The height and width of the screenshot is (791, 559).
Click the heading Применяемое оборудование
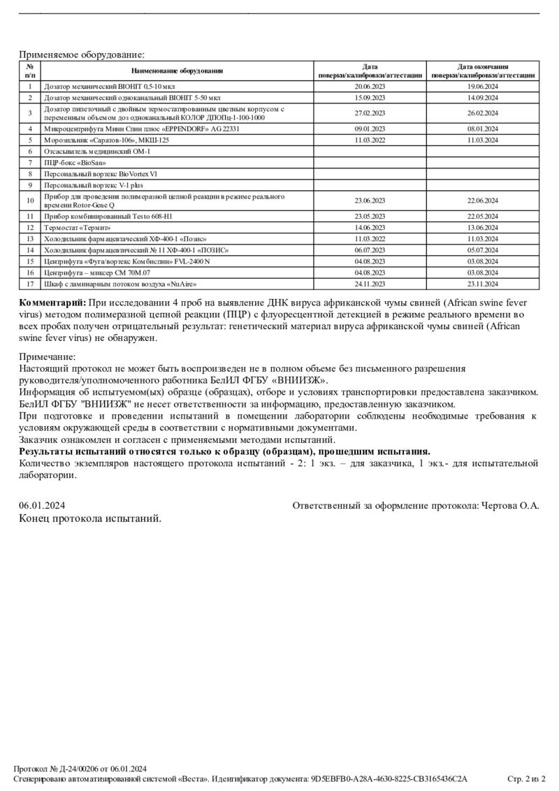pyautogui.click(x=82, y=54)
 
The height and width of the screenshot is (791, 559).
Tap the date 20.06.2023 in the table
pyautogui.click(x=370, y=87)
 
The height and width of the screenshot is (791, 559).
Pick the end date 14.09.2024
pyautogui.click(x=482, y=98)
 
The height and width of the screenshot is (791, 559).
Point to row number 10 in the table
pyautogui.click(x=30, y=201)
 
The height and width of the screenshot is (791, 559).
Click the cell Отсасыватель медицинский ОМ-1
pyautogui.click(x=96, y=151)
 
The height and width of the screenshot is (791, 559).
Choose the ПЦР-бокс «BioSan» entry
pyautogui.click(x=70, y=162)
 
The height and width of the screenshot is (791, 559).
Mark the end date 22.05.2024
pyautogui.click(x=482, y=217)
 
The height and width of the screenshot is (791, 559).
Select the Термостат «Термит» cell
pyautogui.click(x=78, y=227)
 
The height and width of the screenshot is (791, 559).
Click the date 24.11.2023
pyautogui.click(x=370, y=284)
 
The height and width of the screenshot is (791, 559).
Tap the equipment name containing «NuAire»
pyautogui.click(x=120, y=284)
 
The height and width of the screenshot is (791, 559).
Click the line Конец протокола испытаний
pyautogui.click(x=90, y=518)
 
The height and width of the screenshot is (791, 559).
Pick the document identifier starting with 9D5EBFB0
pyautogui.click(x=389, y=778)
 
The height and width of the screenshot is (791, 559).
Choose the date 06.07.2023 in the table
pyautogui.click(x=370, y=249)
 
